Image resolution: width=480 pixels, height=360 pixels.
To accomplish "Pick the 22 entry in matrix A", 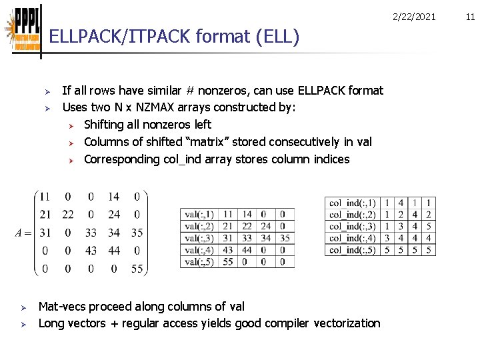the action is [x=68, y=215].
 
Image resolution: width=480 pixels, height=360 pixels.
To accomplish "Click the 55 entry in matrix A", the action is [x=136, y=269].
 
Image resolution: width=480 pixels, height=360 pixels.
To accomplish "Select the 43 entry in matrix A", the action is [x=91, y=251].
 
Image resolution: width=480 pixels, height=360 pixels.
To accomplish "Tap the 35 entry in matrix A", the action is [x=136, y=233].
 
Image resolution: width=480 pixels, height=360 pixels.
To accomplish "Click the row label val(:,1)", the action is [x=199, y=214].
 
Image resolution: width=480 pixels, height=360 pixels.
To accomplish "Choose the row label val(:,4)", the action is [x=199, y=250].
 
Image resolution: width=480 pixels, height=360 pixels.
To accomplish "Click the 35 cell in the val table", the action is [x=283, y=238].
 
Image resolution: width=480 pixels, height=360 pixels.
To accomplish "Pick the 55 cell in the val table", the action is [x=227, y=262].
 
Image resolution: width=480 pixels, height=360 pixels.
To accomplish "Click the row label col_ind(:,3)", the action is [x=353, y=226].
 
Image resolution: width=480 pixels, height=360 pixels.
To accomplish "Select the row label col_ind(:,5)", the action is [x=353, y=250].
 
